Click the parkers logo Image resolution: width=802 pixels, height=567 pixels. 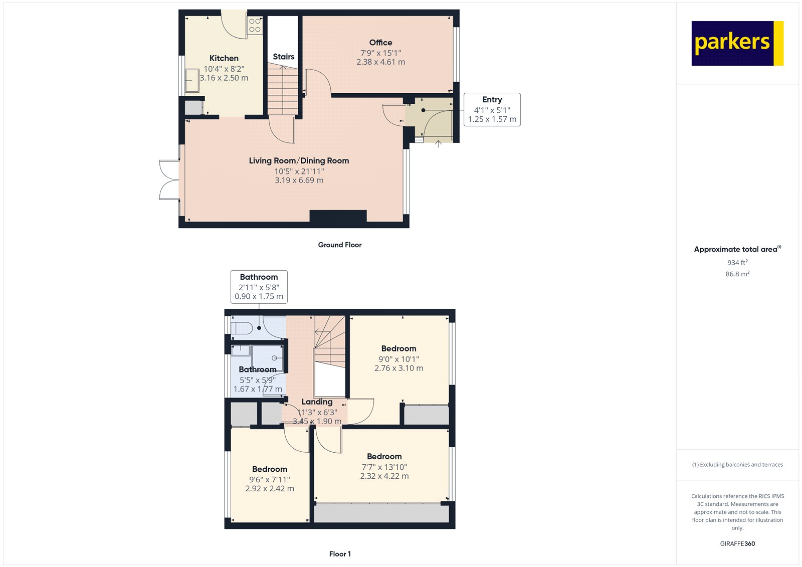click(x=737, y=43)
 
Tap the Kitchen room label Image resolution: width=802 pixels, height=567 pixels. click(x=224, y=58)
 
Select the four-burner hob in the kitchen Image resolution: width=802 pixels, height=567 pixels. click(x=255, y=26)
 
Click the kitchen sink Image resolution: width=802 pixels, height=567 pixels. click(x=192, y=80)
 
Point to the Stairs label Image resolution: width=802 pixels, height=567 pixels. click(x=284, y=57)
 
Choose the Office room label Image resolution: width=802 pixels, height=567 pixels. click(x=380, y=43)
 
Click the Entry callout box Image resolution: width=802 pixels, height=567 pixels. click(x=492, y=110)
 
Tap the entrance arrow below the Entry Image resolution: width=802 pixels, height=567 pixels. click(x=438, y=144)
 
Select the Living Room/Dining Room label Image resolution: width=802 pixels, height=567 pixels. click(x=299, y=160)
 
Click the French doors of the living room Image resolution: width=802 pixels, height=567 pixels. click(x=169, y=180)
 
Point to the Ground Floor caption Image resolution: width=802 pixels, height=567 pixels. click(x=340, y=245)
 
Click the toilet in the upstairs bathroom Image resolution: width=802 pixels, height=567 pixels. click(x=242, y=328)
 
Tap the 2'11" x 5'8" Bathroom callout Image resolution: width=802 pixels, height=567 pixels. click(x=259, y=287)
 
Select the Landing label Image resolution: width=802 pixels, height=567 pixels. click(x=317, y=402)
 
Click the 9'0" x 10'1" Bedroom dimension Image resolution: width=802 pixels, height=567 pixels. click(x=399, y=359)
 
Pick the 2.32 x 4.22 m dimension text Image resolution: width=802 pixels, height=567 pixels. click(x=384, y=476)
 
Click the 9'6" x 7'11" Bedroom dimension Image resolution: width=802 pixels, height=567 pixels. click(x=270, y=479)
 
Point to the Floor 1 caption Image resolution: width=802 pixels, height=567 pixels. click(x=340, y=554)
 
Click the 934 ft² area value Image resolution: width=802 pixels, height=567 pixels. click(x=737, y=262)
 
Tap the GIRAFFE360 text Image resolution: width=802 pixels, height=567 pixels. click(x=737, y=543)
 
